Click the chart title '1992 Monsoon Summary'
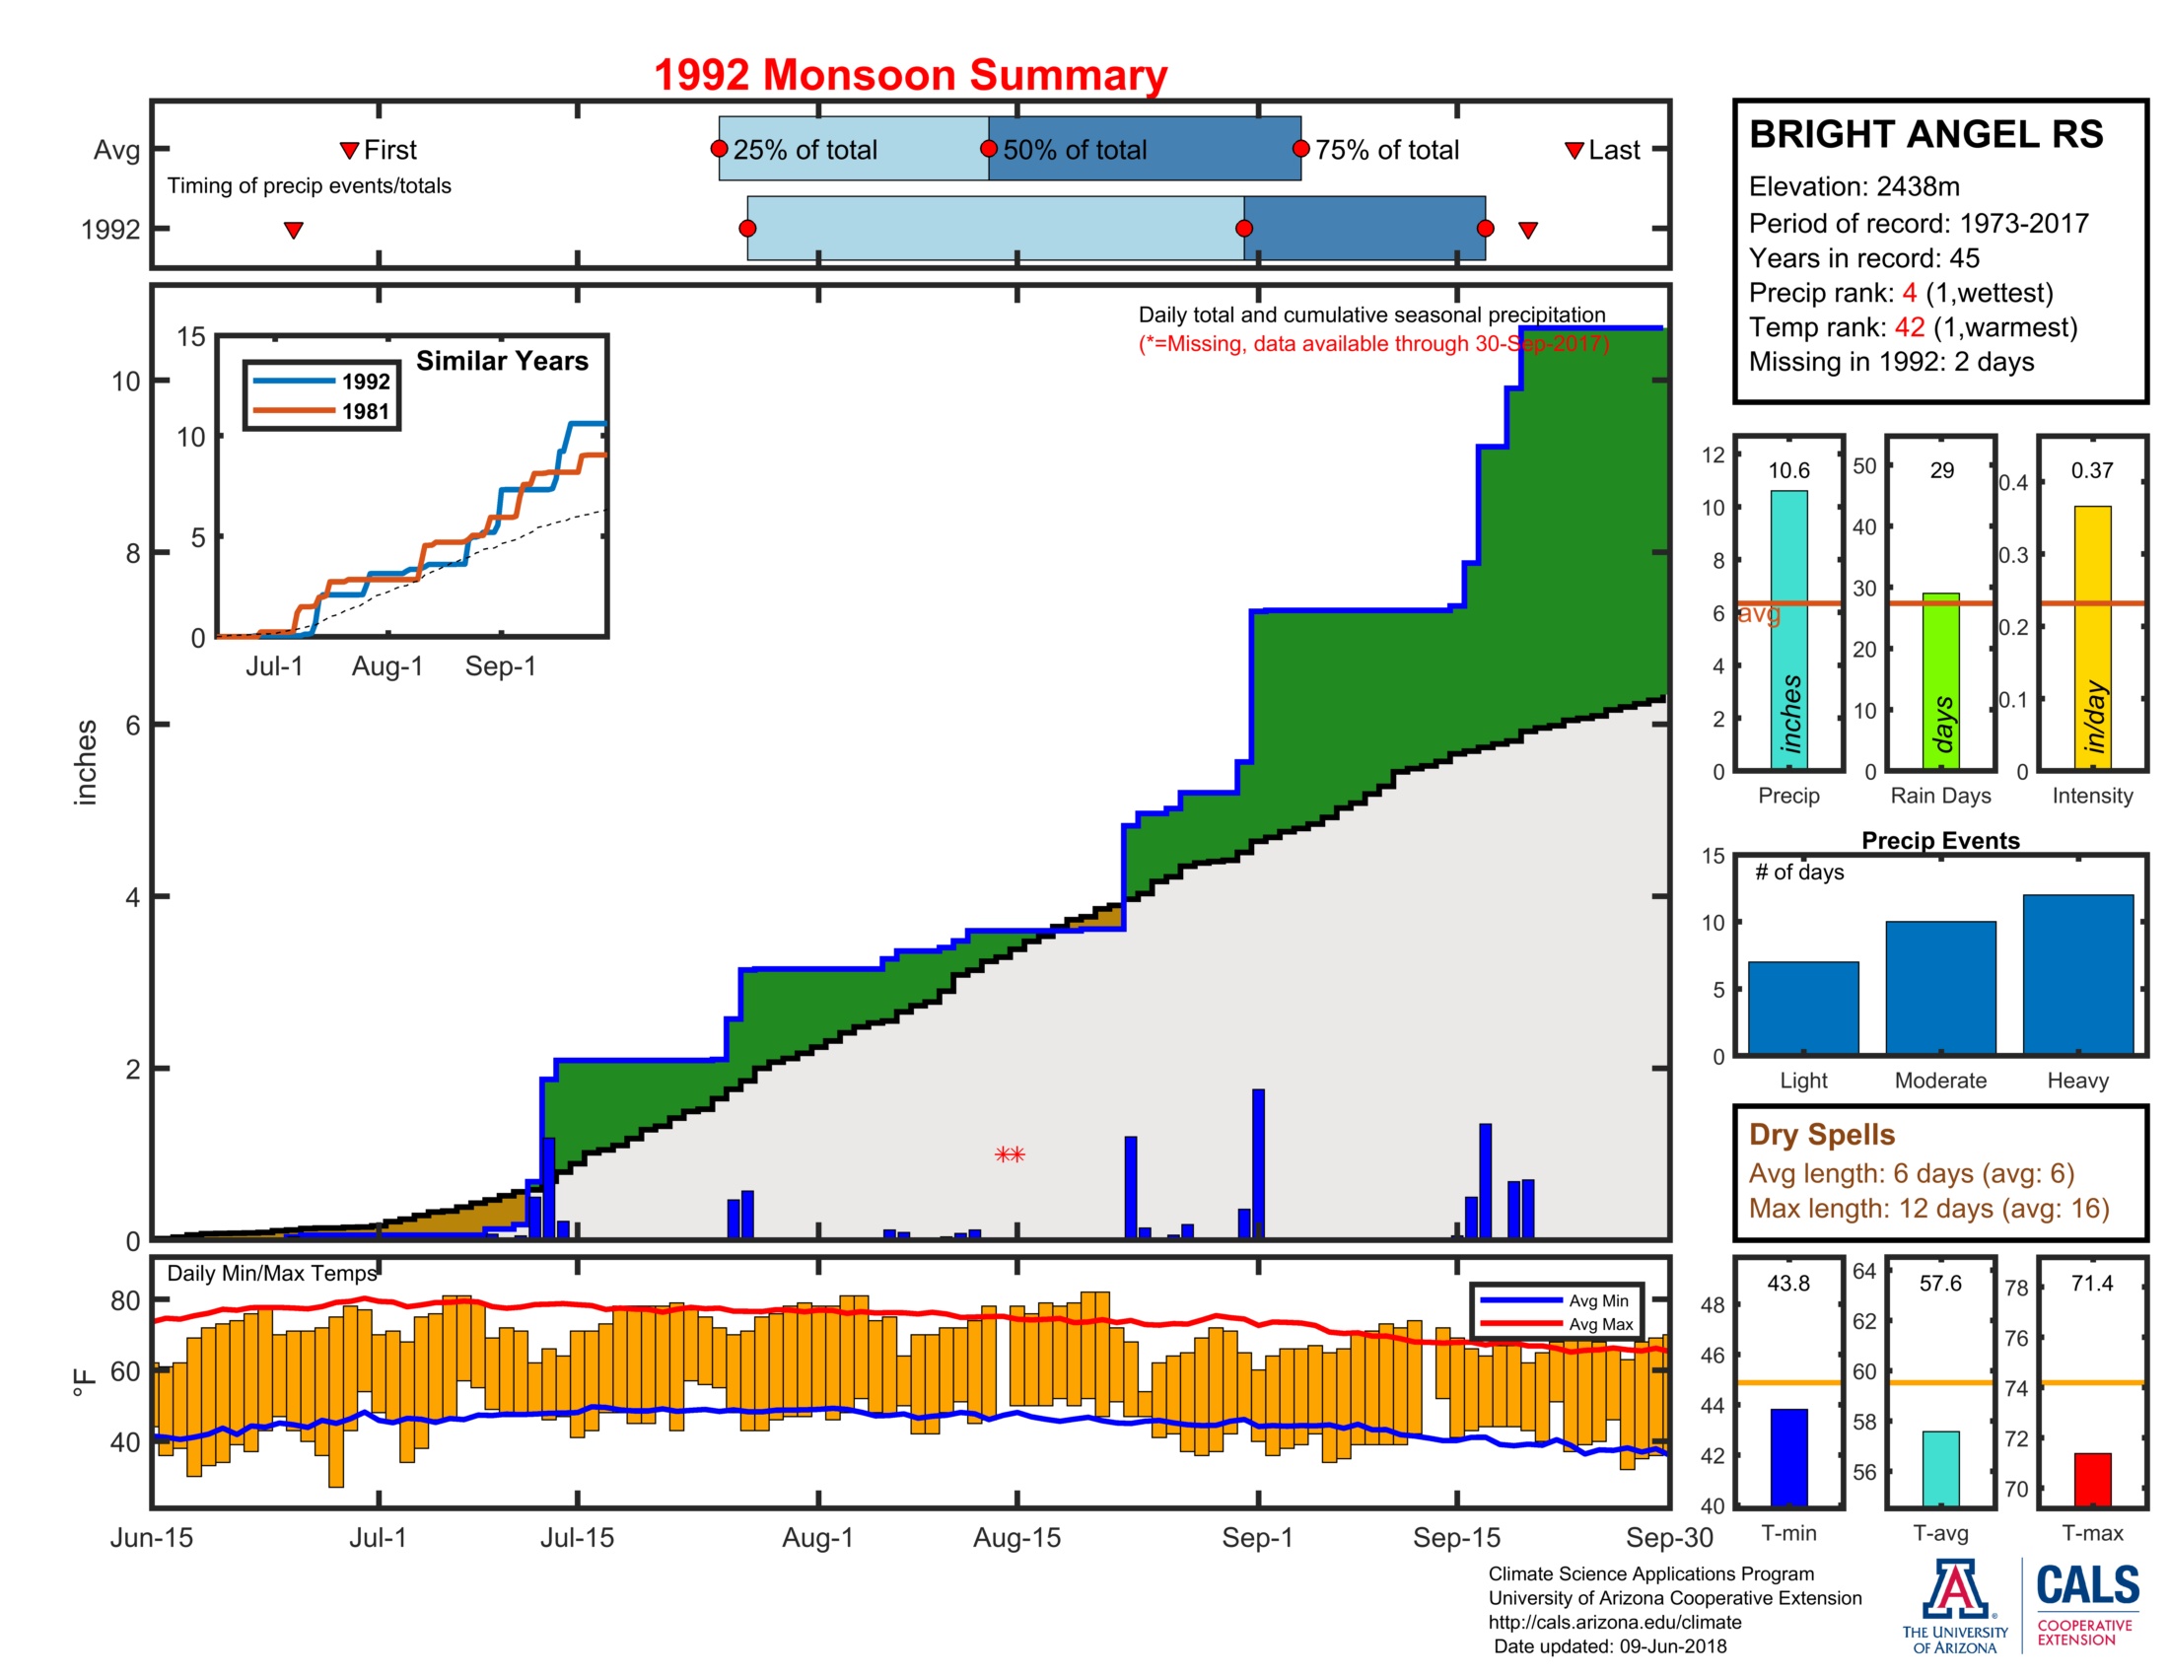coord(910,76)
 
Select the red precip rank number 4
coord(1909,293)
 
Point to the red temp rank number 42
coord(1909,327)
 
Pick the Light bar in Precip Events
coord(1802,1007)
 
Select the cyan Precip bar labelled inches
coord(1787,630)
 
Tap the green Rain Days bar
coord(1939,681)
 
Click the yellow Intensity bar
coord(2091,637)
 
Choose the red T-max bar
coord(2091,1480)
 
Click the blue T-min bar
coord(1787,1456)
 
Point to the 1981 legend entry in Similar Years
coord(322,411)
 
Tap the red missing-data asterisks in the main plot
coord(1009,1154)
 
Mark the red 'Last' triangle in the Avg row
coord(1574,151)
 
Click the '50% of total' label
coord(1074,150)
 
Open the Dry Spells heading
coord(1820,1134)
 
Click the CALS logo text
coord(2087,1585)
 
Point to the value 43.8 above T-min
coord(1787,1283)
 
